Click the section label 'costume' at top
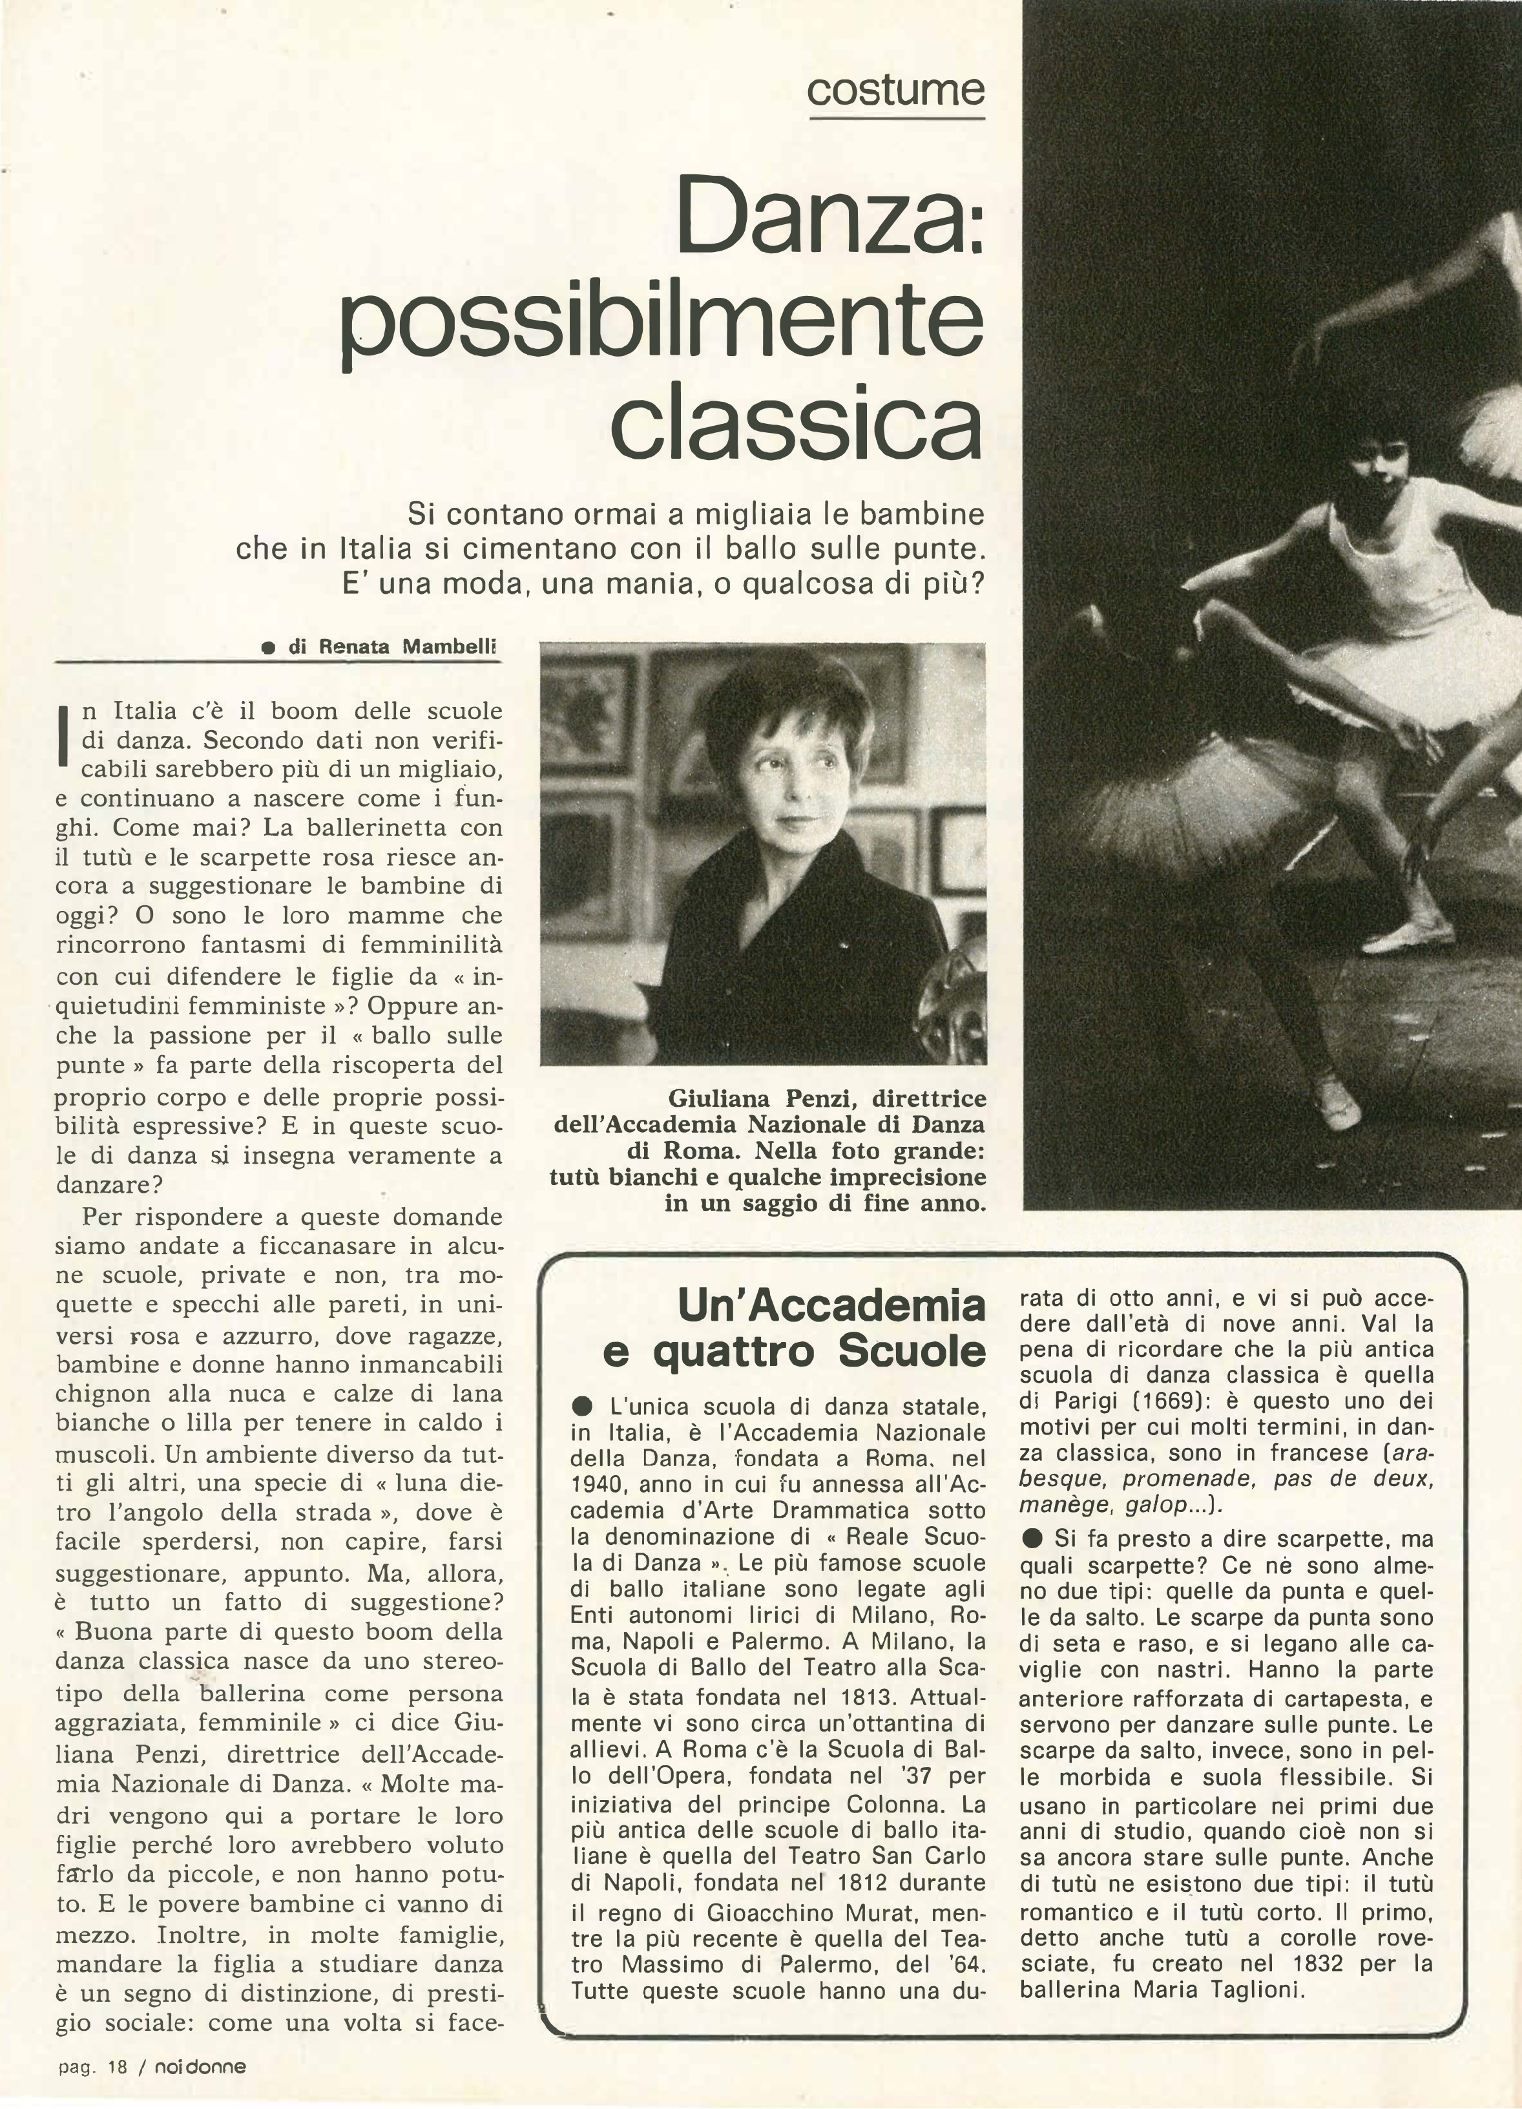tap(895, 90)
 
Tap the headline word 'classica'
tap(796, 424)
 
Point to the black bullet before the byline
tap(267, 649)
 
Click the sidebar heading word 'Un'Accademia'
tap(831, 1306)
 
